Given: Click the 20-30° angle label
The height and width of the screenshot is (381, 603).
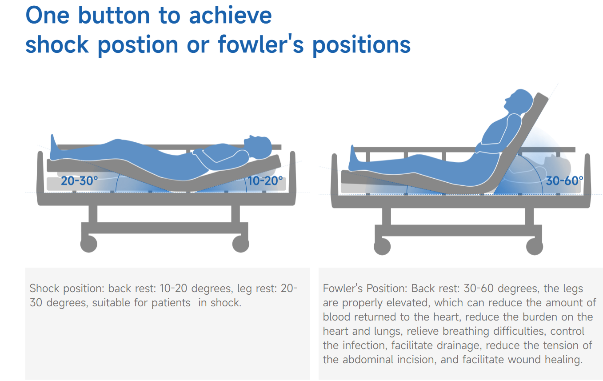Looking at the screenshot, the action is click(x=79, y=180).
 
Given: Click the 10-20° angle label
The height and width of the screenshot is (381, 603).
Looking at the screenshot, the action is click(x=265, y=180).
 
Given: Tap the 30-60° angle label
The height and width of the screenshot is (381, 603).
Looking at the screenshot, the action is click(x=564, y=180).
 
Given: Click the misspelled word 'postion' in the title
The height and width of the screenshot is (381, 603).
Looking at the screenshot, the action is click(x=138, y=45).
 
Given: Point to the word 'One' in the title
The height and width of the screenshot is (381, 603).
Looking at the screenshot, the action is click(x=48, y=16).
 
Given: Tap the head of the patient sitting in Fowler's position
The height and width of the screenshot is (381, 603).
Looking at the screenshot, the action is click(x=519, y=101).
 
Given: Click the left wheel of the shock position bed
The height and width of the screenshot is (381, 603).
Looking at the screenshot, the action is click(x=89, y=244).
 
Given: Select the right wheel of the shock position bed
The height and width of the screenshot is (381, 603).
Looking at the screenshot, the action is click(x=241, y=244).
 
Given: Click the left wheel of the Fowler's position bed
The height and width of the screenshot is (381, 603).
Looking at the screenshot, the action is click(x=382, y=246).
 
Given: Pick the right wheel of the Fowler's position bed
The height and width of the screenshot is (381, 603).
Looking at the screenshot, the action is click(x=535, y=246).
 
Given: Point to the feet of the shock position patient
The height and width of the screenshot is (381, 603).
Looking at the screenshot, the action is click(x=54, y=148).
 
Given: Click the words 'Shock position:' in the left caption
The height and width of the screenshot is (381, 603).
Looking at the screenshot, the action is click(x=67, y=289).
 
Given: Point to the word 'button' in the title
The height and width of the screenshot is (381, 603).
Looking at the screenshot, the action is click(x=114, y=16).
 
